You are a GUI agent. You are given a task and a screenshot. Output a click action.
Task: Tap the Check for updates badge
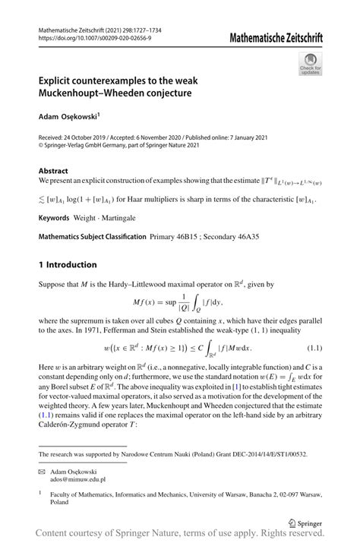click(x=310, y=64)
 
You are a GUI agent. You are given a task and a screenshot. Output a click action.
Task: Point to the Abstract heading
click(x=54, y=172)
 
